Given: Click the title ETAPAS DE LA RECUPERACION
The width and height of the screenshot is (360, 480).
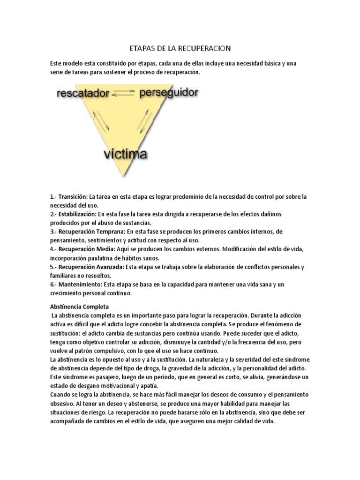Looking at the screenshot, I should coord(180,48).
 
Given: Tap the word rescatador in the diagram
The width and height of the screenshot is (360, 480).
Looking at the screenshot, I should coord(82,93).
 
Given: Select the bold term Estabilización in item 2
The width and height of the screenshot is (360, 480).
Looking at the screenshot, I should coord(76,214).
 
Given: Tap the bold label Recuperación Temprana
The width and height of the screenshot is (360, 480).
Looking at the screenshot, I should coord(90,232).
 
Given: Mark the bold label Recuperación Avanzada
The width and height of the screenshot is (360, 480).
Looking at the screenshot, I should coord(91,267).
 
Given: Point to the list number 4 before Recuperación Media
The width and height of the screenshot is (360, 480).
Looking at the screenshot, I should coord(52,249).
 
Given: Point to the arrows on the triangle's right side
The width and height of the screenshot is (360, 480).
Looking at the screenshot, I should coord(145,121).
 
